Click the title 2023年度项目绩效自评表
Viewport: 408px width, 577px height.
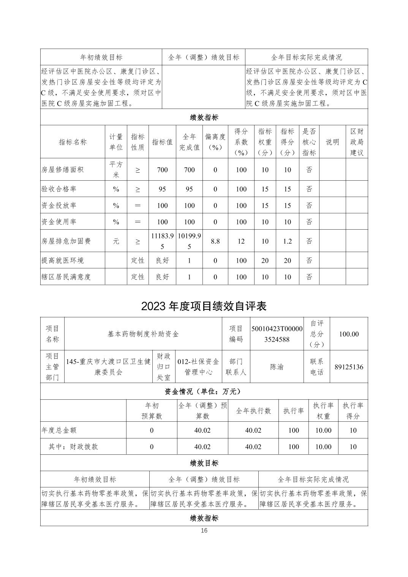point(204,306)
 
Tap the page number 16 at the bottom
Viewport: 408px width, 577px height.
point(204,531)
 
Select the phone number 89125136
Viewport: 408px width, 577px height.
point(349,367)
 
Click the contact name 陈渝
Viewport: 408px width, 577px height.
point(277,367)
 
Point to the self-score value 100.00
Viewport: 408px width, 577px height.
point(349,334)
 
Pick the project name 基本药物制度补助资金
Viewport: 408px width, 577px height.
point(143,334)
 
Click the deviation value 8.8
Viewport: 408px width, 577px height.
point(215,241)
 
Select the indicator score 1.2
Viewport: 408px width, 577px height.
point(287,241)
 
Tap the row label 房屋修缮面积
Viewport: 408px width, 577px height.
point(62,170)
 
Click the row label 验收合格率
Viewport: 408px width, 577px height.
point(59,189)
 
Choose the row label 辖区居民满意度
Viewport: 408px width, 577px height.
point(66,277)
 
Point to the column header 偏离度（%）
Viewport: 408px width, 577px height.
point(215,142)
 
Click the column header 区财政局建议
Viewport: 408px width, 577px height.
point(357,142)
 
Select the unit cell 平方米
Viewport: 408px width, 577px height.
point(116,170)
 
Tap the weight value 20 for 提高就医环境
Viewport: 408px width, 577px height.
point(265,260)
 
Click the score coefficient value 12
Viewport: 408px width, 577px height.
point(241,241)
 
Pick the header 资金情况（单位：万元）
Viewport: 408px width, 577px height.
point(204,391)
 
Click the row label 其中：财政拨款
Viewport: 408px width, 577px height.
point(73,446)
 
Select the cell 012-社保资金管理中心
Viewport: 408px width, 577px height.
point(198,367)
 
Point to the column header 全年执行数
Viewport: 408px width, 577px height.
point(253,411)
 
